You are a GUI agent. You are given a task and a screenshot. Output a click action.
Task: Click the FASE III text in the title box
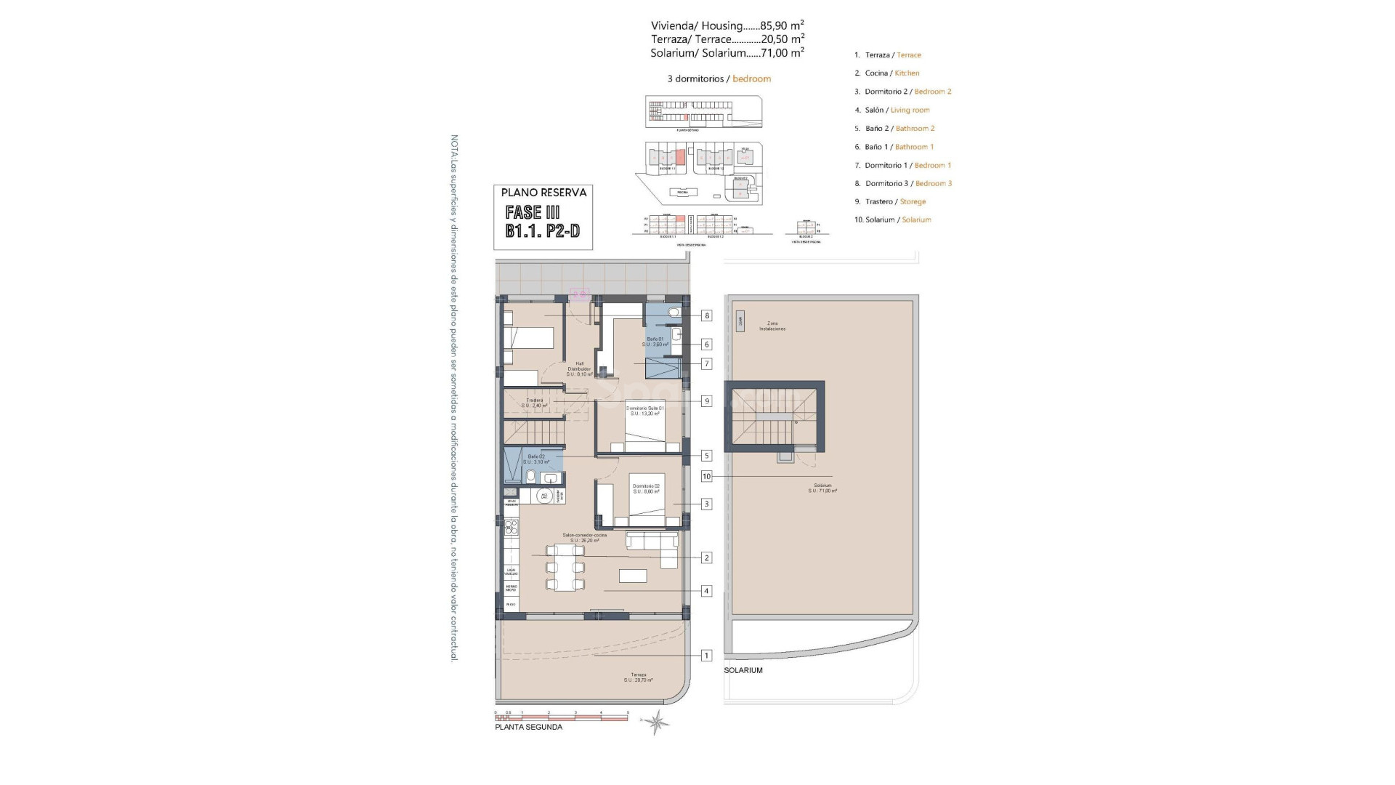point(533,212)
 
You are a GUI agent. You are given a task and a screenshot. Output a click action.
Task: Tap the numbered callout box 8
point(706,315)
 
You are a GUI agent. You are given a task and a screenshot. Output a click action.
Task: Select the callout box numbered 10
point(706,477)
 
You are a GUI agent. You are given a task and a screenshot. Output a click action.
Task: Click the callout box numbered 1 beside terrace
point(706,656)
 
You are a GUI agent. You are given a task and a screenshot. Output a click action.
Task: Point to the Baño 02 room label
point(536,459)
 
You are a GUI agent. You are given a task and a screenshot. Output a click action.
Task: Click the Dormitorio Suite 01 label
point(644,411)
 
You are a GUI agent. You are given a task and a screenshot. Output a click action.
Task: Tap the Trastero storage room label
point(535,403)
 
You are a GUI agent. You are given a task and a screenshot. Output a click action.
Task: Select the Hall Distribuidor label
point(579,369)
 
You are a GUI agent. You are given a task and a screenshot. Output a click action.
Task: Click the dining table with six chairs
point(565,568)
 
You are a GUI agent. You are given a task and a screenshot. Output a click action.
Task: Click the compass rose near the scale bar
point(657,722)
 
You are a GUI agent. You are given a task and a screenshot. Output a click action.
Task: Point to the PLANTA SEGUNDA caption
point(528,727)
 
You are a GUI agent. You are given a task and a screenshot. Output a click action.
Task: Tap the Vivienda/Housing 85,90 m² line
point(727,25)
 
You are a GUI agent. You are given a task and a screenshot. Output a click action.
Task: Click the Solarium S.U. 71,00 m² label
point(822,488)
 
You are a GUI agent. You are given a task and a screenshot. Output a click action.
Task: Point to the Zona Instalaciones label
point(772,326)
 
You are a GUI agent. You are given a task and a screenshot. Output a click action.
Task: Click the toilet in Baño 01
point(674,313)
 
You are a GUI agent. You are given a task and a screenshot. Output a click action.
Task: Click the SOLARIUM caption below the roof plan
point(743,670)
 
